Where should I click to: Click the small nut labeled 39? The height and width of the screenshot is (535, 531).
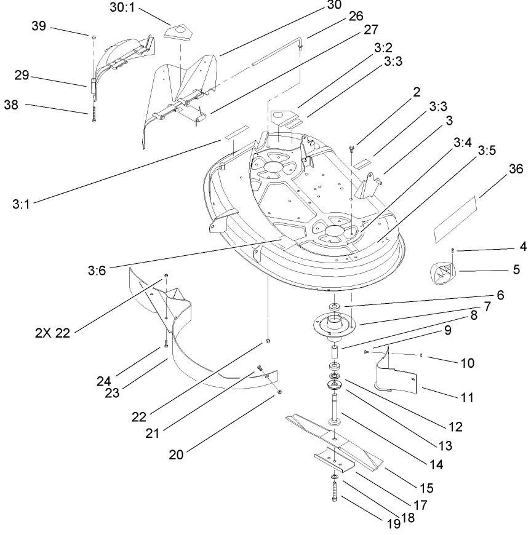click(93, 38)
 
